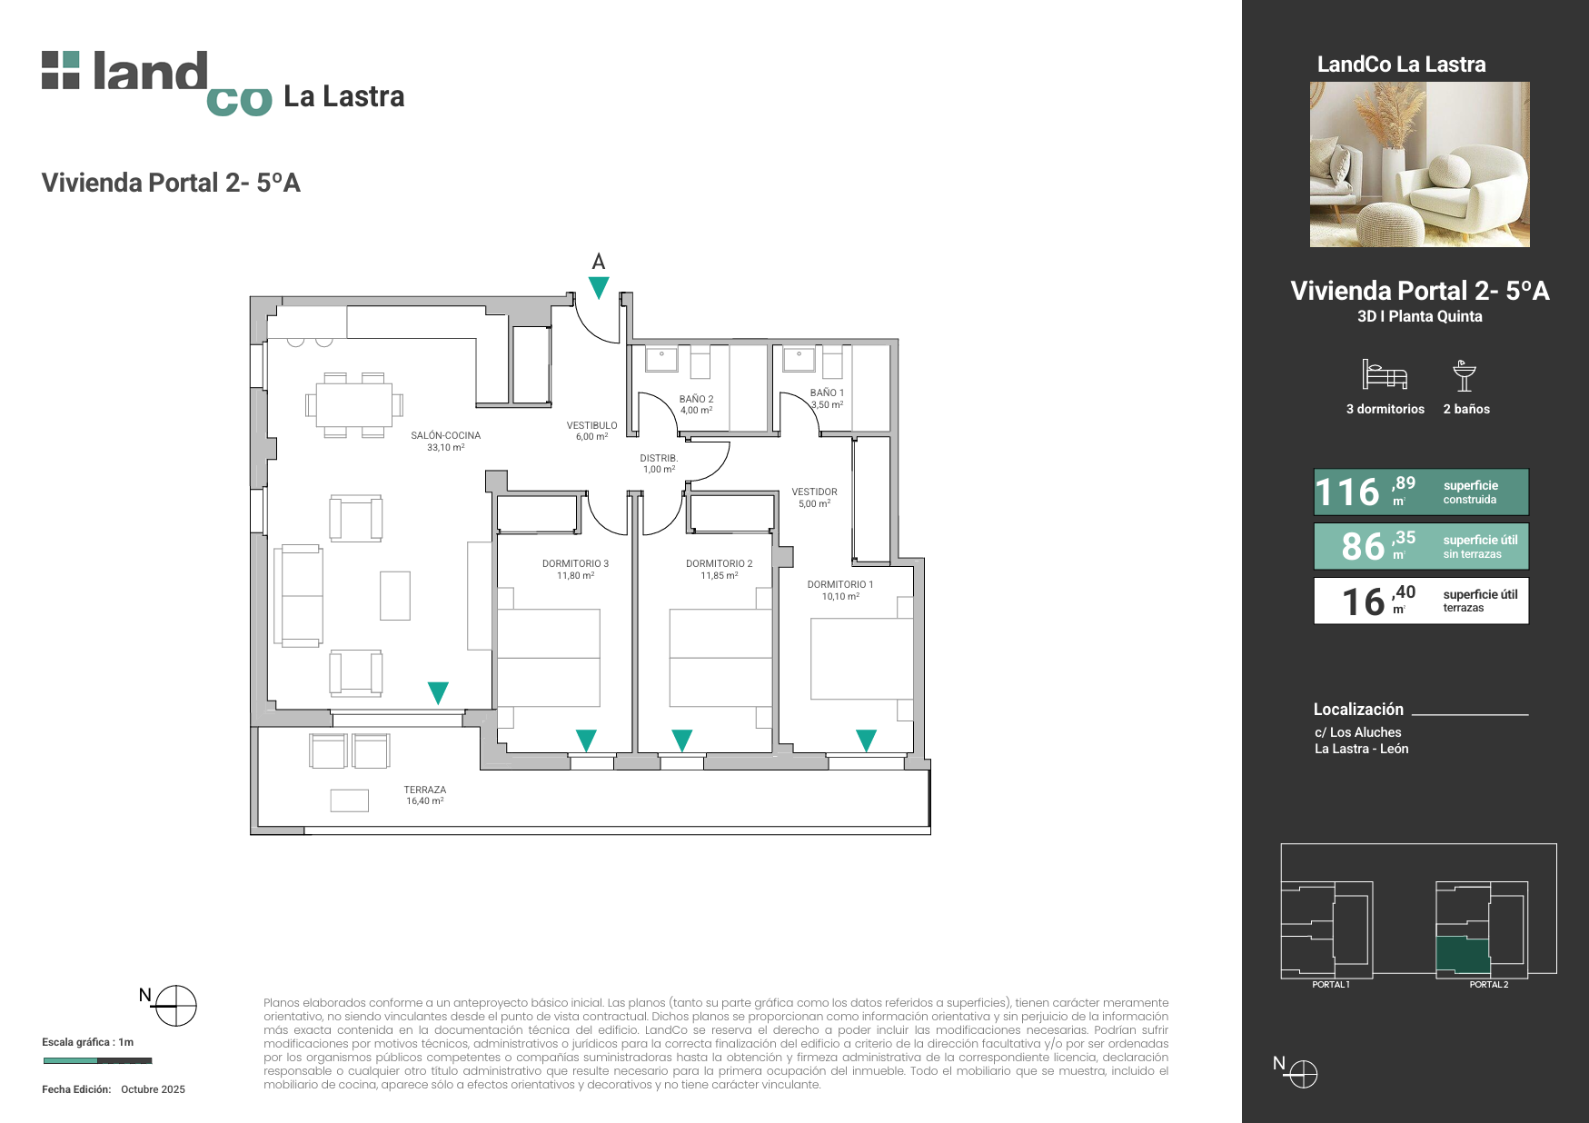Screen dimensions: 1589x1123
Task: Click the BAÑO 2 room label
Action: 697,399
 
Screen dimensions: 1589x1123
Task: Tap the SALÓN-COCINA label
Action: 445,435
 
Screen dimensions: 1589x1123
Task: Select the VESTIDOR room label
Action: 814,492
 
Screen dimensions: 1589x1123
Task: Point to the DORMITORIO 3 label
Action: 575,563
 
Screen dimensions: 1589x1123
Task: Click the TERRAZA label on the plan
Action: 425,790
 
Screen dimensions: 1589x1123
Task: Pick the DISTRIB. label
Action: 659,458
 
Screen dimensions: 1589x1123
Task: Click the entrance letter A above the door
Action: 599,262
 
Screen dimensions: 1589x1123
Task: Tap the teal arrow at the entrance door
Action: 599,287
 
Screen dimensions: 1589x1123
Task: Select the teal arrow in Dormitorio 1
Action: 867,740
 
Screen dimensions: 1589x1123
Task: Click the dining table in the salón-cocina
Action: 354,404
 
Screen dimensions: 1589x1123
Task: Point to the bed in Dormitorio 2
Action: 720,658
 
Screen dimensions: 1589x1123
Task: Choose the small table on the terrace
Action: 350,800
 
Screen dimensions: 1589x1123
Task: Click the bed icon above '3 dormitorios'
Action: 1385,374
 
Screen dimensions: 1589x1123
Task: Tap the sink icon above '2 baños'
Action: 1465,375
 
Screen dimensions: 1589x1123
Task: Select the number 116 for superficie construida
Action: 1347,492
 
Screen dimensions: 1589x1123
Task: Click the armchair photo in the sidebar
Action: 1420,164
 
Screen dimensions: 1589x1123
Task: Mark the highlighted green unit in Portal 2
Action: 1463,955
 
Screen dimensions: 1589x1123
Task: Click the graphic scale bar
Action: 97,1060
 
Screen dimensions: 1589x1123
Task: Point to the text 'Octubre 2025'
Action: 153,1089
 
